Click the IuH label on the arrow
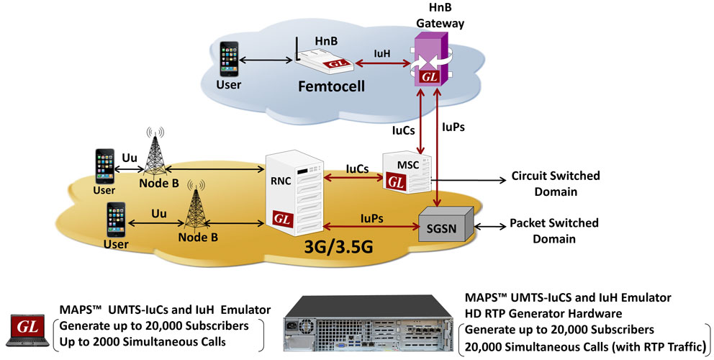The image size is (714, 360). pyautogui.click(x=381, y=53)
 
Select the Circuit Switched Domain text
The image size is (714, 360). pyautogui.click(x=555, y=184)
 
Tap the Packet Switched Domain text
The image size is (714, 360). pyautogui.click(x=553, y=230)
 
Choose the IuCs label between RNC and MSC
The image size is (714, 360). pyautogui.click(x=357, y=168)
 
